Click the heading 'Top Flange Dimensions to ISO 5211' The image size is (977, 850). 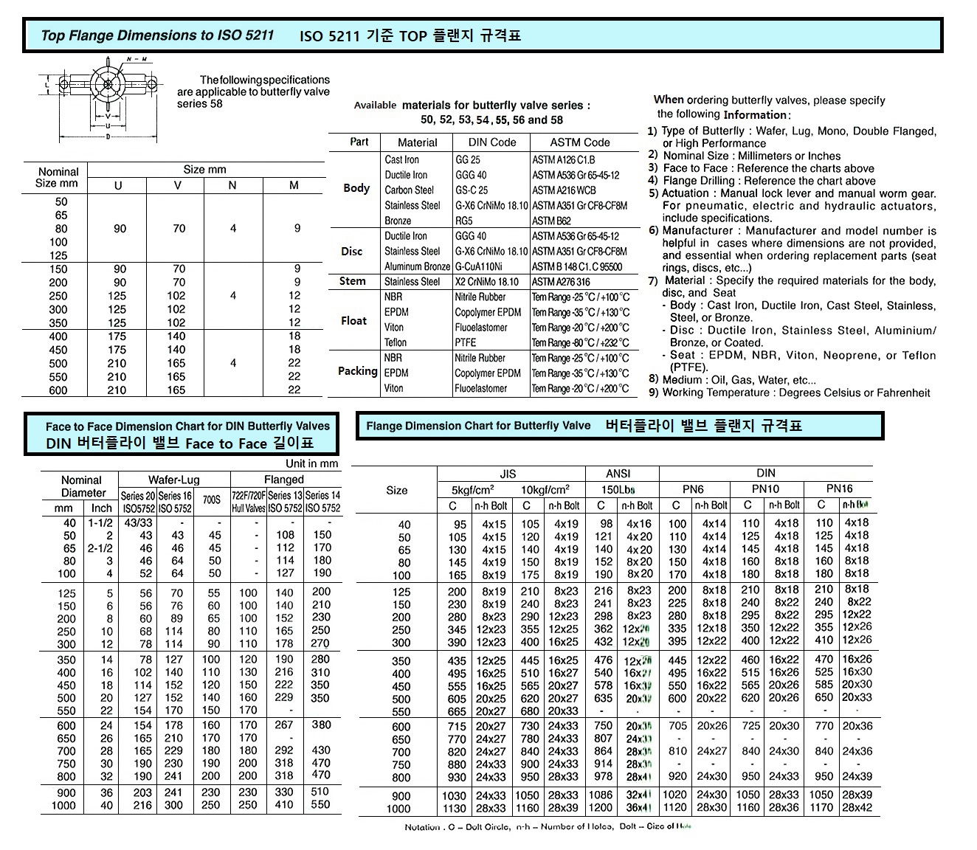point(157,35)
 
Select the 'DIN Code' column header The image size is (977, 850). point(492,142)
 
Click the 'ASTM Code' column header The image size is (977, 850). point(579,142)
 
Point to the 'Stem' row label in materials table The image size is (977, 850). point(352,281)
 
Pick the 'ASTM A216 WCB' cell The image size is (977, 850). point(564,190)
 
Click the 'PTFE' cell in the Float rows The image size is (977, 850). point(466,342)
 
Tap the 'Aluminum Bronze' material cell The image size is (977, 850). point(417,266)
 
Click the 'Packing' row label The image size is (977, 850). point(357,371)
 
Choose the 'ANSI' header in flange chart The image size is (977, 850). point(618,474)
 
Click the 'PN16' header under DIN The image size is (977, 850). point(839,488)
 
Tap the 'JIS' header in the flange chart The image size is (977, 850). point(508,474)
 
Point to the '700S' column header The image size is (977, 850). point(211,500)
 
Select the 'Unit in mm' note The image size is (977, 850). point(311,464)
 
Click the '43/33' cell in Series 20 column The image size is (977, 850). point(137,523)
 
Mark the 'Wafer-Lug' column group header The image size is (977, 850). point(174,480)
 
